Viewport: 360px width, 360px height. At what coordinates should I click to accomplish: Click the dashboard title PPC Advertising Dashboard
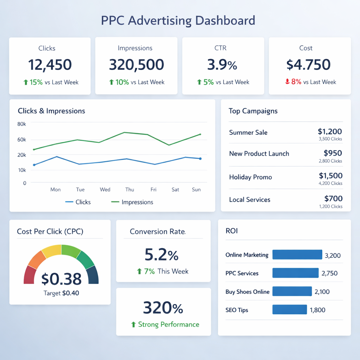point(178,20)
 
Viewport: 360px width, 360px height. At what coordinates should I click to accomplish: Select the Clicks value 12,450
point(50,65)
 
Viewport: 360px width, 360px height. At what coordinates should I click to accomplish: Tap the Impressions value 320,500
point(136,65)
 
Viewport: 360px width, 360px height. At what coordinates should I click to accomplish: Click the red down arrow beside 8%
point(287,82)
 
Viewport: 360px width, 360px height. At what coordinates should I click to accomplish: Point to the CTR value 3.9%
point(222,65)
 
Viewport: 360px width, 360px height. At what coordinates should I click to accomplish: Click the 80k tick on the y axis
point(21,124)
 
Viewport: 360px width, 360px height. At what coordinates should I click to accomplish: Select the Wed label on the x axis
point(105,189)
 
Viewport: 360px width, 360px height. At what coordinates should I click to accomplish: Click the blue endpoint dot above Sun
point(200,159)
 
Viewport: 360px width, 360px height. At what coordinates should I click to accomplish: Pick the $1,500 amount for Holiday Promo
point(330,176)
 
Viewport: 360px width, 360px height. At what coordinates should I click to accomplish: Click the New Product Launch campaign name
point(259,154)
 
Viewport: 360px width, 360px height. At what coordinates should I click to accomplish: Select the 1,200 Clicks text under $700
point(330,206)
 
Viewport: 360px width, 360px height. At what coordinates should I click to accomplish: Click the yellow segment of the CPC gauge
point(51,250)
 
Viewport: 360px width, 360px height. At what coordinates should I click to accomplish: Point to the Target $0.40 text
point(61,293)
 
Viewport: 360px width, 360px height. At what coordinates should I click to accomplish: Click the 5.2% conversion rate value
point(161,255)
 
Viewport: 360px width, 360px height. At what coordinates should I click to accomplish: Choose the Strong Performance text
point(168,324)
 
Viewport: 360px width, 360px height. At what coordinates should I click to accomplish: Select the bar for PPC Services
point(295,273)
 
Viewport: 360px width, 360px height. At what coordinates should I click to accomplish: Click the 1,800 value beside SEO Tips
point(317,310)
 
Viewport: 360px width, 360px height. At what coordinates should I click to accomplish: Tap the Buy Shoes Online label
point(247,292)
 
